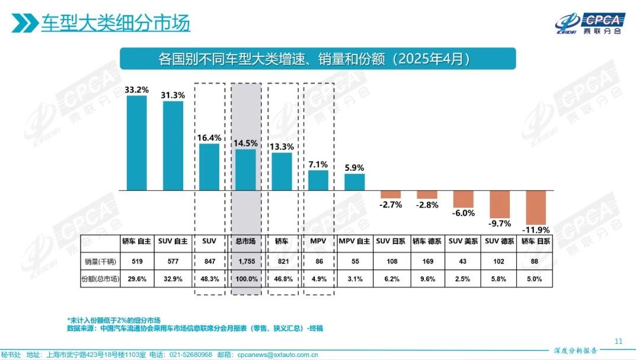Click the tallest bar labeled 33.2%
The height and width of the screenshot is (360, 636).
136,143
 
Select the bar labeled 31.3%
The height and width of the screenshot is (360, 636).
173,146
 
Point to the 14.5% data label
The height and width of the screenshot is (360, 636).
246,144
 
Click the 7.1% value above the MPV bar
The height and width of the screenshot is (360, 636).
318,164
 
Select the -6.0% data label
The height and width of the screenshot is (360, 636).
463,212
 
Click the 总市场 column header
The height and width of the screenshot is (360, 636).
246,242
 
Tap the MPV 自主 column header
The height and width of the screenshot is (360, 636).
354,242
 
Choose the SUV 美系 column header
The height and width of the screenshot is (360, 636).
464,242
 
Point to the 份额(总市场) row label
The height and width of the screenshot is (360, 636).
99,278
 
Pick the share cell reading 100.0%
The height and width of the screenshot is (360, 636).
246,278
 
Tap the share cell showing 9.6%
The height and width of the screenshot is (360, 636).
427,278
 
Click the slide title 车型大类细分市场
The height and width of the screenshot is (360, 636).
116,23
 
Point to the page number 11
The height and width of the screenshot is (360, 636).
619,341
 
